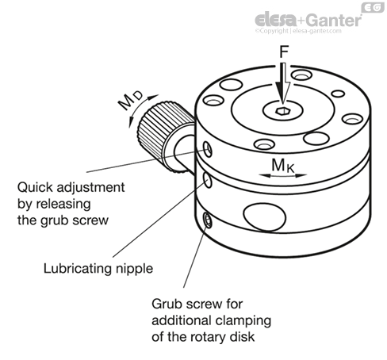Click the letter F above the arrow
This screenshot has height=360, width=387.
coord(284,52)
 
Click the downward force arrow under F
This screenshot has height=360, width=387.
coord(283,83)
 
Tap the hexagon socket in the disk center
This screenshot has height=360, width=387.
coord(282,111)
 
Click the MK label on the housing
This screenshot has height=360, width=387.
coord(282,166)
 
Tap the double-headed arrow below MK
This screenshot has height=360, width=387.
coord(283,175)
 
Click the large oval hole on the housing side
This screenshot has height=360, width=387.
coord(264,216)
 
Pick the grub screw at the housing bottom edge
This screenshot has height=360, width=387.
coord(208,220)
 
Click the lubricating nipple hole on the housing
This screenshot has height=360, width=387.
coord(208,180)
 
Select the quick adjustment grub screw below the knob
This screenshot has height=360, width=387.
coord(208,149)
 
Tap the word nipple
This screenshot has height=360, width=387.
coord(135,269)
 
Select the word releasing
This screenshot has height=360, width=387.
coord(63,205)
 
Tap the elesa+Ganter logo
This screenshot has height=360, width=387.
coord(308,20)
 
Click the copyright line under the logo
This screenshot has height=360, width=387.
coord(298,31)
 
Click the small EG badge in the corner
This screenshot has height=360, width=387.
coord(373,7)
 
